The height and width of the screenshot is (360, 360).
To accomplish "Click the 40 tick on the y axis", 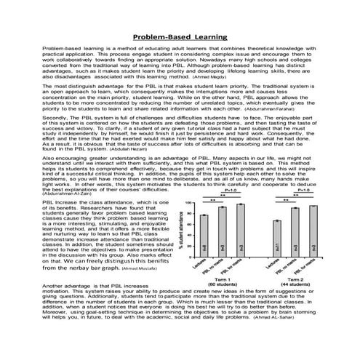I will click(x=188, y=240).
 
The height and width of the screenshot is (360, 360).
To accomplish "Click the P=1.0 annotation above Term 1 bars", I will click(x=230, y=189).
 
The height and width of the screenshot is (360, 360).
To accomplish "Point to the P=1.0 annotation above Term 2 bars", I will click(x=303, y=189).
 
